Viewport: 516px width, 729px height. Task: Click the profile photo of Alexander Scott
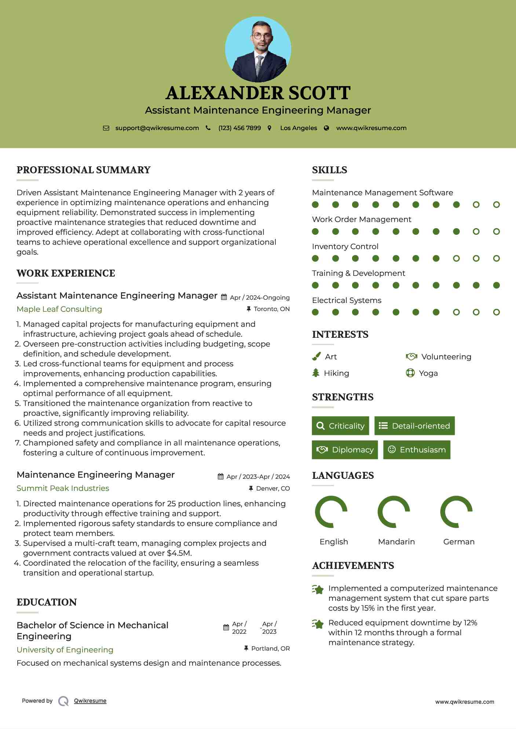258,49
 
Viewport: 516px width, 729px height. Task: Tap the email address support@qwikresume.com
157,128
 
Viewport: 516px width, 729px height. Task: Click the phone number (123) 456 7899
239,128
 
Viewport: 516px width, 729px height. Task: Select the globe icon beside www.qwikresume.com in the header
326,128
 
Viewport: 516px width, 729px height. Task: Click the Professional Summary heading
84,170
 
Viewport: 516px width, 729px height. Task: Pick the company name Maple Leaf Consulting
59,309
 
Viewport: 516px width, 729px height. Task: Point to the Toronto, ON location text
271,309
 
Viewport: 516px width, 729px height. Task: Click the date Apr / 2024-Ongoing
260,297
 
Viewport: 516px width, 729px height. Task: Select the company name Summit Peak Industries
63,488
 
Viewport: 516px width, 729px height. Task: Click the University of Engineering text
65,650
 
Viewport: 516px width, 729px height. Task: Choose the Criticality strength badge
340,426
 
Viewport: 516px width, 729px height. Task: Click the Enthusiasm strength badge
417,450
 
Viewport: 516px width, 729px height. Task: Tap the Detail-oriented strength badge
414,426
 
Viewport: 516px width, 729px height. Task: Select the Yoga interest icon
410,373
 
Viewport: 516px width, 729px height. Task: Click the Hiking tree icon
316,373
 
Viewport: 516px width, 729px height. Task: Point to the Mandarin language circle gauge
394,512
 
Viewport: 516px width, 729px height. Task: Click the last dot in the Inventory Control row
496,259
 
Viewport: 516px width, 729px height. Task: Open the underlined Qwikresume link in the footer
90,701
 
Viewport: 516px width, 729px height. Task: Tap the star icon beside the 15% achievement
318,589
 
